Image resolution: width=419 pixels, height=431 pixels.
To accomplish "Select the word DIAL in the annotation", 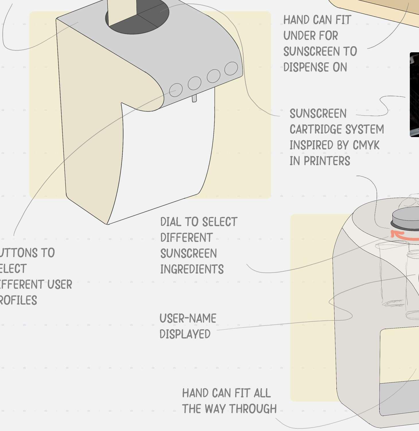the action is [x=171, y=222].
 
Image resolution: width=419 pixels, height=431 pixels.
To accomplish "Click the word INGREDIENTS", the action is [x=192, y=269].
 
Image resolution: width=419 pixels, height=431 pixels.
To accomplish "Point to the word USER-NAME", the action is [x=188, y=318].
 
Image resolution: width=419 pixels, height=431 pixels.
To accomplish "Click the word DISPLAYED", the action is [x=185, y=334].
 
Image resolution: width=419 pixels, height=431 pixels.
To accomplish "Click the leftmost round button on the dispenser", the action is [x=176, y=90].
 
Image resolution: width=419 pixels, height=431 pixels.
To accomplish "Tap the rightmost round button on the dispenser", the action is [x=231, y=68].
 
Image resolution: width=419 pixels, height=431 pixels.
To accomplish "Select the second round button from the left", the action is [x=194, y=83].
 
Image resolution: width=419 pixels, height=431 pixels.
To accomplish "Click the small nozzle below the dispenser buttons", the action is [x=194, y=99].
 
